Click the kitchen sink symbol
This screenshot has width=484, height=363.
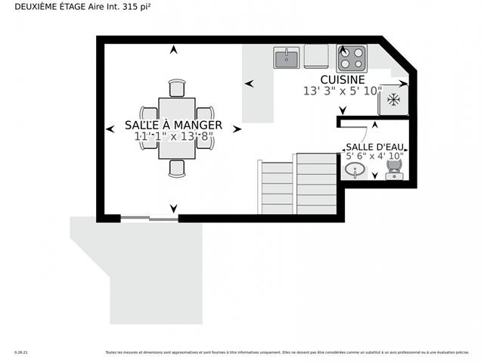point(286,57)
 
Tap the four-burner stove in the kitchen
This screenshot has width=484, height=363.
point(351,57)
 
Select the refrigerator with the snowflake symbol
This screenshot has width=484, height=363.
point(393,100)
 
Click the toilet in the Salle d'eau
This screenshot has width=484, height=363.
point(394,171)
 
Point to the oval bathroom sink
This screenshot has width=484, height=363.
point(354,171)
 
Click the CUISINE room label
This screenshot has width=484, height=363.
point(343,79)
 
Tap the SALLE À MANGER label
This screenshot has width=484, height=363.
point(173,125)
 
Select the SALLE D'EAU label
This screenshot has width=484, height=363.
point(374,147)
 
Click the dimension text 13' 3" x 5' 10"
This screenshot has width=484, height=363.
point(343,91)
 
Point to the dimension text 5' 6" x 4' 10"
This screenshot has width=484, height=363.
point(374,157)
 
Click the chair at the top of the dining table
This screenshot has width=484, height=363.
point(177,88)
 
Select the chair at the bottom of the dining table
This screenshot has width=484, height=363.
point(177,168)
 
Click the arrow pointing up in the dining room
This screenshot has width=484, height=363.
point(175,50)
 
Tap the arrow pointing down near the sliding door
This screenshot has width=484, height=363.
point(175,208)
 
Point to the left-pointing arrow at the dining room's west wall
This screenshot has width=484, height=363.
point(110,129)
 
